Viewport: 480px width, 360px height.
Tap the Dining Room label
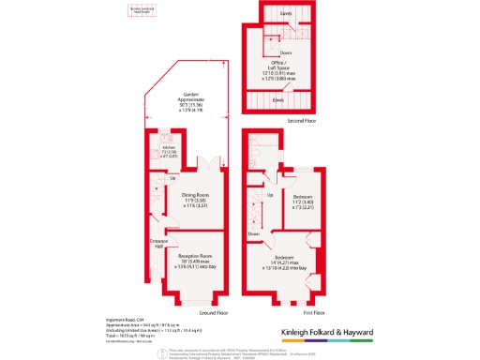pyautogui.click(x=195, y=199)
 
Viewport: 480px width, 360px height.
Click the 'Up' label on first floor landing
pyautogui.click(x=270, y=195)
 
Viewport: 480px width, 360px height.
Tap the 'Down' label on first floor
pyautogui.click(x=254, y=233)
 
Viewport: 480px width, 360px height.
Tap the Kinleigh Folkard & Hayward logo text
pyautogui.click(x=327, y=332)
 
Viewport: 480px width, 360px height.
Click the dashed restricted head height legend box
pyautogui.click(x=142, y=12)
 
